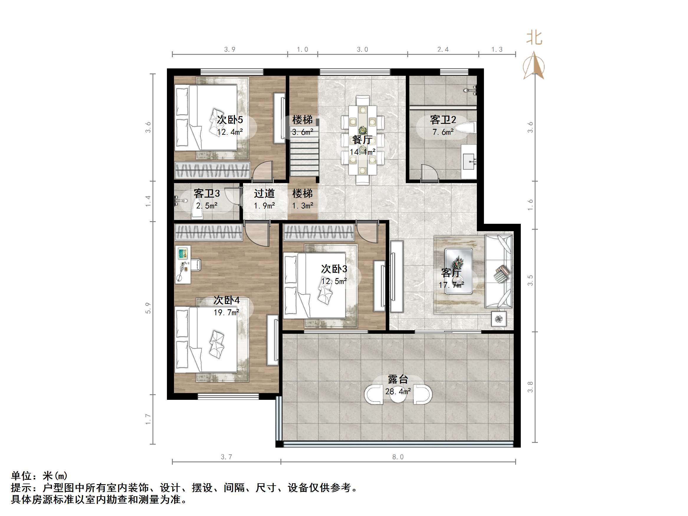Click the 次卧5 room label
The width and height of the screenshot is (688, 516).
229,120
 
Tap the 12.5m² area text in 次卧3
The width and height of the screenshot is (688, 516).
334,281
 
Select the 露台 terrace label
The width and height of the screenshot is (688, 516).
398,379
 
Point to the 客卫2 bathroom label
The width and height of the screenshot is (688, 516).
443,120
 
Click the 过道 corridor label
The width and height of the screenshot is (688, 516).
264,193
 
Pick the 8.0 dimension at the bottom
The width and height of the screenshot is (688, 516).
398,457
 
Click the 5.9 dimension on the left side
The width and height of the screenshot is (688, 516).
148,308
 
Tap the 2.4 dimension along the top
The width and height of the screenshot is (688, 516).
443,50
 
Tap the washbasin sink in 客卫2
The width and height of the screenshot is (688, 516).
469,161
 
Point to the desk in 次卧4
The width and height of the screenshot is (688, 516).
183,265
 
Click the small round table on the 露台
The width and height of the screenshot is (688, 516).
398,395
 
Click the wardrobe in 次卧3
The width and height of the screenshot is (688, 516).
319,233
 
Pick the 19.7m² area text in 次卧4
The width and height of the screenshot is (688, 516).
226,312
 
